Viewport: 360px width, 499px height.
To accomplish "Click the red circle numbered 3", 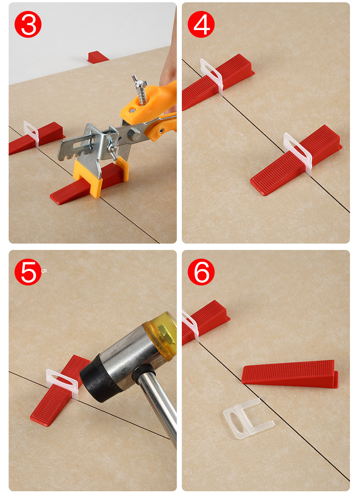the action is (28, 25).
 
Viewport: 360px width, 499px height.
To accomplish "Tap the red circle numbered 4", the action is (201, 25).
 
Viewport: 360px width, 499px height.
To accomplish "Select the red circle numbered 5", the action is (28, 272).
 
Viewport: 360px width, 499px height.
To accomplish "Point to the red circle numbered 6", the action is (201, 272).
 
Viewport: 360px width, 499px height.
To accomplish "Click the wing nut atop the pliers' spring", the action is (139, 82).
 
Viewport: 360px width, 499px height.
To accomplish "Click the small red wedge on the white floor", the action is (98, 57).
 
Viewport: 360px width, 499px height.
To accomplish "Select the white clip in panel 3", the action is (31, 133).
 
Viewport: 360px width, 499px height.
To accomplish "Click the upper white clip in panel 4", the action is (212, 76).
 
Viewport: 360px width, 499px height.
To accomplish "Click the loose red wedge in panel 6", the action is (290, 373).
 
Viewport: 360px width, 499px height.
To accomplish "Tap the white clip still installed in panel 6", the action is (190, 325).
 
